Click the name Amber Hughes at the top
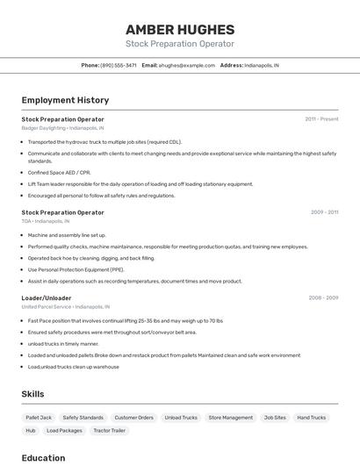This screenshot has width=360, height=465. point(180,29)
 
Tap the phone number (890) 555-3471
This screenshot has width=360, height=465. point(119,65)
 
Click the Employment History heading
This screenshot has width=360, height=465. point(65,100)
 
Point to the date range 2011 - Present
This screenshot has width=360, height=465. point(321,118)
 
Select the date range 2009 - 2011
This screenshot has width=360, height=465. point(324,211)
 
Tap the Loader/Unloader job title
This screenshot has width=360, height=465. point(47,297)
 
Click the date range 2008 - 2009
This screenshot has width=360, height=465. point(323,297)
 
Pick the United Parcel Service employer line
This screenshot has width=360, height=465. point(66,307)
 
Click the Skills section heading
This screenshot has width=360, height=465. point(33,394)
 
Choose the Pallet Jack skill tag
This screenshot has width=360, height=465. point(39,418)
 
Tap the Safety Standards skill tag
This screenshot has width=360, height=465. point(83,418)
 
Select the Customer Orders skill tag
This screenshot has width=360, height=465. point(133,418)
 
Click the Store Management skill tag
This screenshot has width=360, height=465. point(230,418)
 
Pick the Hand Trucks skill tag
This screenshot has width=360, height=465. point(311,418)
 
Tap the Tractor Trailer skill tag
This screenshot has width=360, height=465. point(110,431)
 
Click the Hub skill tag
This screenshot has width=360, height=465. point(31,431)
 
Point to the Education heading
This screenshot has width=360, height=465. point(43,458)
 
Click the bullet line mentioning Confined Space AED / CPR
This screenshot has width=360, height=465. point(60,173)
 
